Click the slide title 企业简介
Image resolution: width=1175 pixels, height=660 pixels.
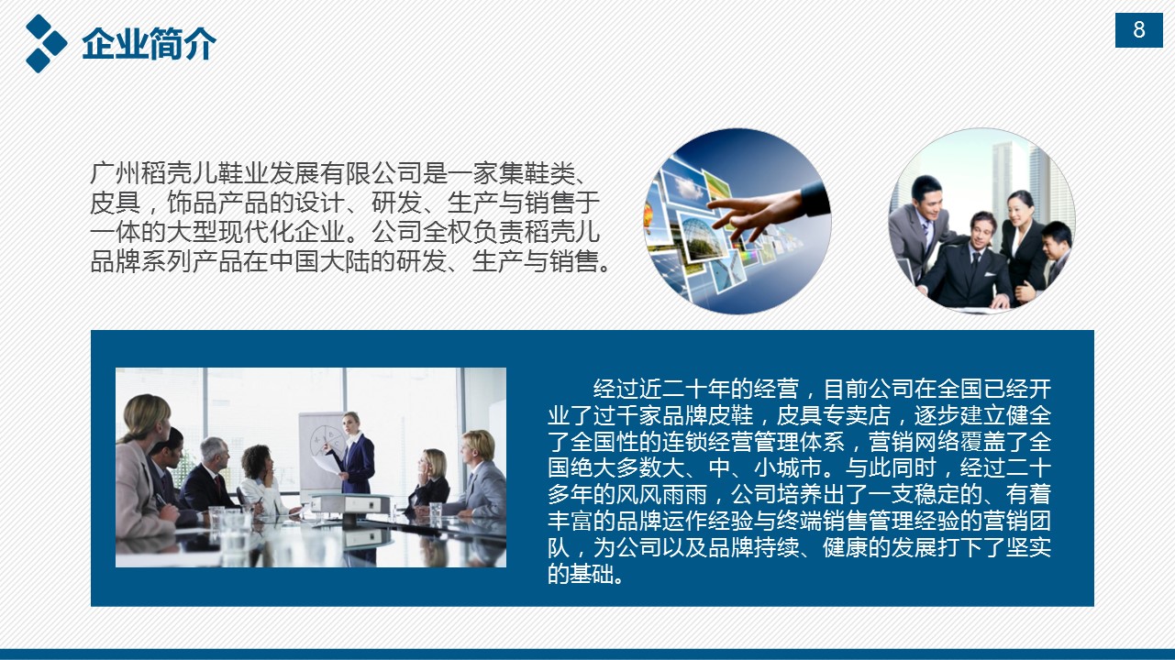149,43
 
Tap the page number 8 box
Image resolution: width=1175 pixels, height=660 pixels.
1139,30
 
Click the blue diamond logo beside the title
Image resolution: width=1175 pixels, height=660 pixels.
46,43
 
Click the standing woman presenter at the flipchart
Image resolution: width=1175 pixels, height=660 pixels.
354,454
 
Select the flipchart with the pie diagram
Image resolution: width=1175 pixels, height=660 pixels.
321,451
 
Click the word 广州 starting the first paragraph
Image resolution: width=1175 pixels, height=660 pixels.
116,173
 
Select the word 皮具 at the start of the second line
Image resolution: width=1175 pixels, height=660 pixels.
116,203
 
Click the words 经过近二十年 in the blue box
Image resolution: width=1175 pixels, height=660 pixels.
661,389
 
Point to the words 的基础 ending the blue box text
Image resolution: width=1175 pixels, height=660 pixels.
582,574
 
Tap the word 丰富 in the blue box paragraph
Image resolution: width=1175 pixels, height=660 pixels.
571,521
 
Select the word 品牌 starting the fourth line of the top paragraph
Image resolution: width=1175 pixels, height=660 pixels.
116,261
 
